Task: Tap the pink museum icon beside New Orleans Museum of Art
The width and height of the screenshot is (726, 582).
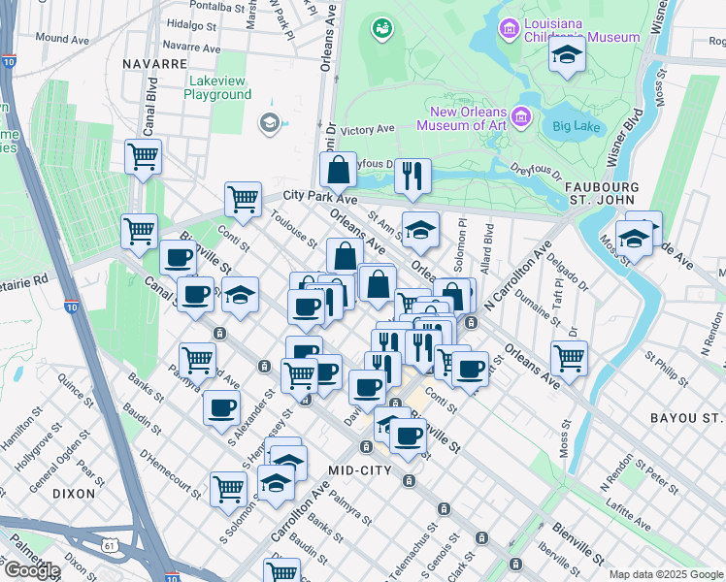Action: click(522, 117)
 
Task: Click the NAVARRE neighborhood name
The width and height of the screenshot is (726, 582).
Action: click(154, 63)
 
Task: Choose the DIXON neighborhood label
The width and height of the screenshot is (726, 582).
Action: click(74, 493)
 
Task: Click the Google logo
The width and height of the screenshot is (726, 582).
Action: click(32, 570)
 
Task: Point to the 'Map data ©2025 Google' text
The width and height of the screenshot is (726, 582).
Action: click(666, 574)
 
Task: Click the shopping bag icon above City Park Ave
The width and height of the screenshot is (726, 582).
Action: click(338, 170)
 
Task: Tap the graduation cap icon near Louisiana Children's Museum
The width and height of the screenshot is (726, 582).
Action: click(567, 56)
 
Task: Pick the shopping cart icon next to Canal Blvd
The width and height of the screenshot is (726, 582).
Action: click(143, 155)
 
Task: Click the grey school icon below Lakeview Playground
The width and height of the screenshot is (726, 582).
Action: click(269, 123)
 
